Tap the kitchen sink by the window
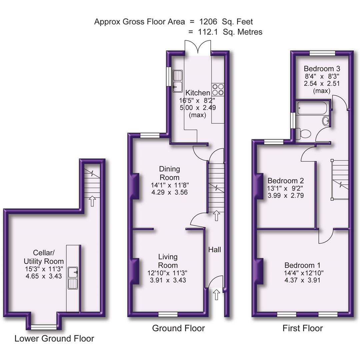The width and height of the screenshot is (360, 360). (x=178, y=80)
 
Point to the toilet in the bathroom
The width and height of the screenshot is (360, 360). (x=304, y=134)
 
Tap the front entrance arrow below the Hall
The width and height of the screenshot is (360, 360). (x=216, y=294)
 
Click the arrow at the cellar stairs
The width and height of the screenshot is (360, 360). (x=92, y=201)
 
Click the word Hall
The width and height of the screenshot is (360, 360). (x=215, y=249)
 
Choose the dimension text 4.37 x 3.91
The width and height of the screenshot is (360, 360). (x=302, y=280)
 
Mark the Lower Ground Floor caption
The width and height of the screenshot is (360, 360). (x=54, y=339)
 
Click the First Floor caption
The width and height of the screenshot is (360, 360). (x=303, y=328)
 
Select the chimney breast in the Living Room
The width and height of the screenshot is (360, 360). (x=135, y=271)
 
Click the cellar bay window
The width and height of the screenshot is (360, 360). (x=44, y=327)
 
